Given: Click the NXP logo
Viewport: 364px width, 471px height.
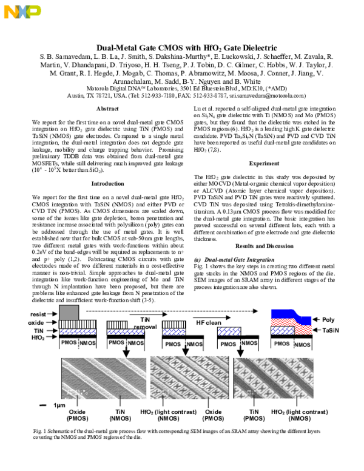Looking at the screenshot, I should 20,11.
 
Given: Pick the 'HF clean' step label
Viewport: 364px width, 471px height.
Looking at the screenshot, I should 208,322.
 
